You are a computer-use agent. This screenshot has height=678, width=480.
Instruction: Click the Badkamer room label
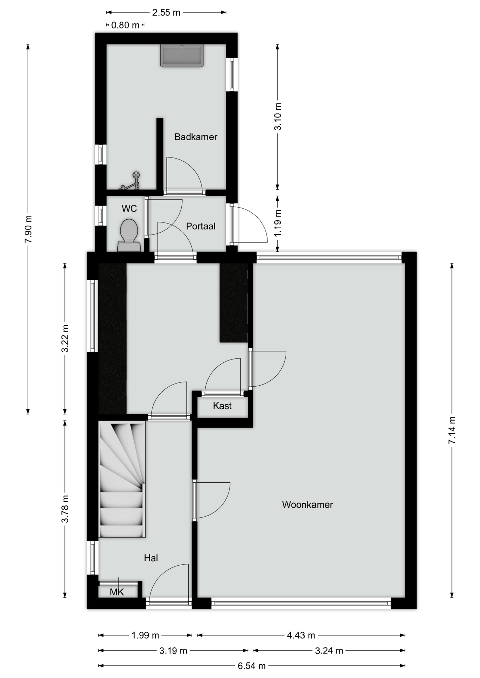(195, 137)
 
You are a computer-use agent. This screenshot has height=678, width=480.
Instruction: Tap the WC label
(129, 209)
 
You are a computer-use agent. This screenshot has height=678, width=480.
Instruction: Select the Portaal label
(201, 226)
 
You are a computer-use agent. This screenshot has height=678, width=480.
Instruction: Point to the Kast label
(222, 406)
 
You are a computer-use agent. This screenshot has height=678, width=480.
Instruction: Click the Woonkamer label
(308, 505)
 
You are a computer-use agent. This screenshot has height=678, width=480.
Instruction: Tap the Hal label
(151, 558)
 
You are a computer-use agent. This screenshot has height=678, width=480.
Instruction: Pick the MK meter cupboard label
(117, 592)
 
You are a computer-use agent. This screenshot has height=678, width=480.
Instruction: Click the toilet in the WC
(129, 235)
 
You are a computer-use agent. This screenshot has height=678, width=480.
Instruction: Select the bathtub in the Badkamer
(182, 55)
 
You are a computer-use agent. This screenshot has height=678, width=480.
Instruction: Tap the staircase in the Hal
(122, 479)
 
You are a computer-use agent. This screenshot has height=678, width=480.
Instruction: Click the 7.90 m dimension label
(28, 228)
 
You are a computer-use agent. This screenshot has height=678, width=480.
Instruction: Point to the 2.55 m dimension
(166, 13)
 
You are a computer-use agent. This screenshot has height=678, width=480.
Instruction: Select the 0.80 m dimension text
(125, 25)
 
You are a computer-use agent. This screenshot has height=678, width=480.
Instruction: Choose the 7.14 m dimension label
(452, 430)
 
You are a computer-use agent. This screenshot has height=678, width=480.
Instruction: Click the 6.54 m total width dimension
(252, 666)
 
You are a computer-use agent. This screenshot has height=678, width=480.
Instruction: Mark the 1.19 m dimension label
(278, 223)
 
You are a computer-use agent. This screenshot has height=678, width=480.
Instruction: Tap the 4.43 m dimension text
(301, 635)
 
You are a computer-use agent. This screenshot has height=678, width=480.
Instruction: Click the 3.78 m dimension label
(65, 509)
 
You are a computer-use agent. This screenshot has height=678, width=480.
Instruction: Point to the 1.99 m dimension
(145, 635)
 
